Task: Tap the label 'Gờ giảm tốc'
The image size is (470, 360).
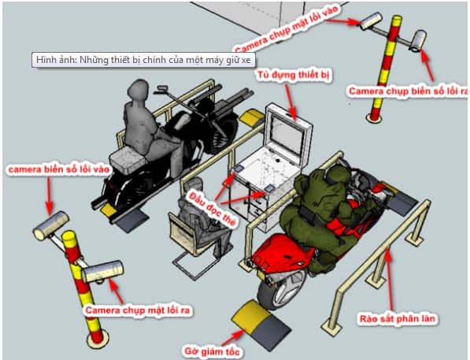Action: tap(213, 351)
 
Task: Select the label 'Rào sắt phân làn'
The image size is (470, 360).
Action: tap(397, 318)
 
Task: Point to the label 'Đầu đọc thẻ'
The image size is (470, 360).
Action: tap(213, 209)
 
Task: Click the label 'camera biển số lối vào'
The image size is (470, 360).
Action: tap(59, 169)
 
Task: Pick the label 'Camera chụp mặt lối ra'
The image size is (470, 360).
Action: tap(138, 310)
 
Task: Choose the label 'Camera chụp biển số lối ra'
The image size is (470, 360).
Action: tap(408, 91)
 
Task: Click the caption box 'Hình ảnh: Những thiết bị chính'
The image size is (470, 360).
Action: tap(143, 60)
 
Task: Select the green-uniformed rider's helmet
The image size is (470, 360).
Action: tap(336, 174)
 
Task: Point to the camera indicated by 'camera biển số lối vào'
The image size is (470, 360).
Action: tap(51, 225)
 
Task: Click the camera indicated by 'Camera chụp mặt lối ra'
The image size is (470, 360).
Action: tap(103, 272)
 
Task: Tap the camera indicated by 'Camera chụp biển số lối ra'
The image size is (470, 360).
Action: tap(418, 41)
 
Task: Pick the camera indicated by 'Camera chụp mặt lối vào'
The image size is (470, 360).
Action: tap(371, 21)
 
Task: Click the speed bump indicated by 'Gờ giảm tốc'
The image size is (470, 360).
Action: tap(261, 325)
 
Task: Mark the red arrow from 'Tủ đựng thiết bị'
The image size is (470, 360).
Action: tap(291, 102)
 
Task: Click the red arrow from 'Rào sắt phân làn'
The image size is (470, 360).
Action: tap(390, 278)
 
